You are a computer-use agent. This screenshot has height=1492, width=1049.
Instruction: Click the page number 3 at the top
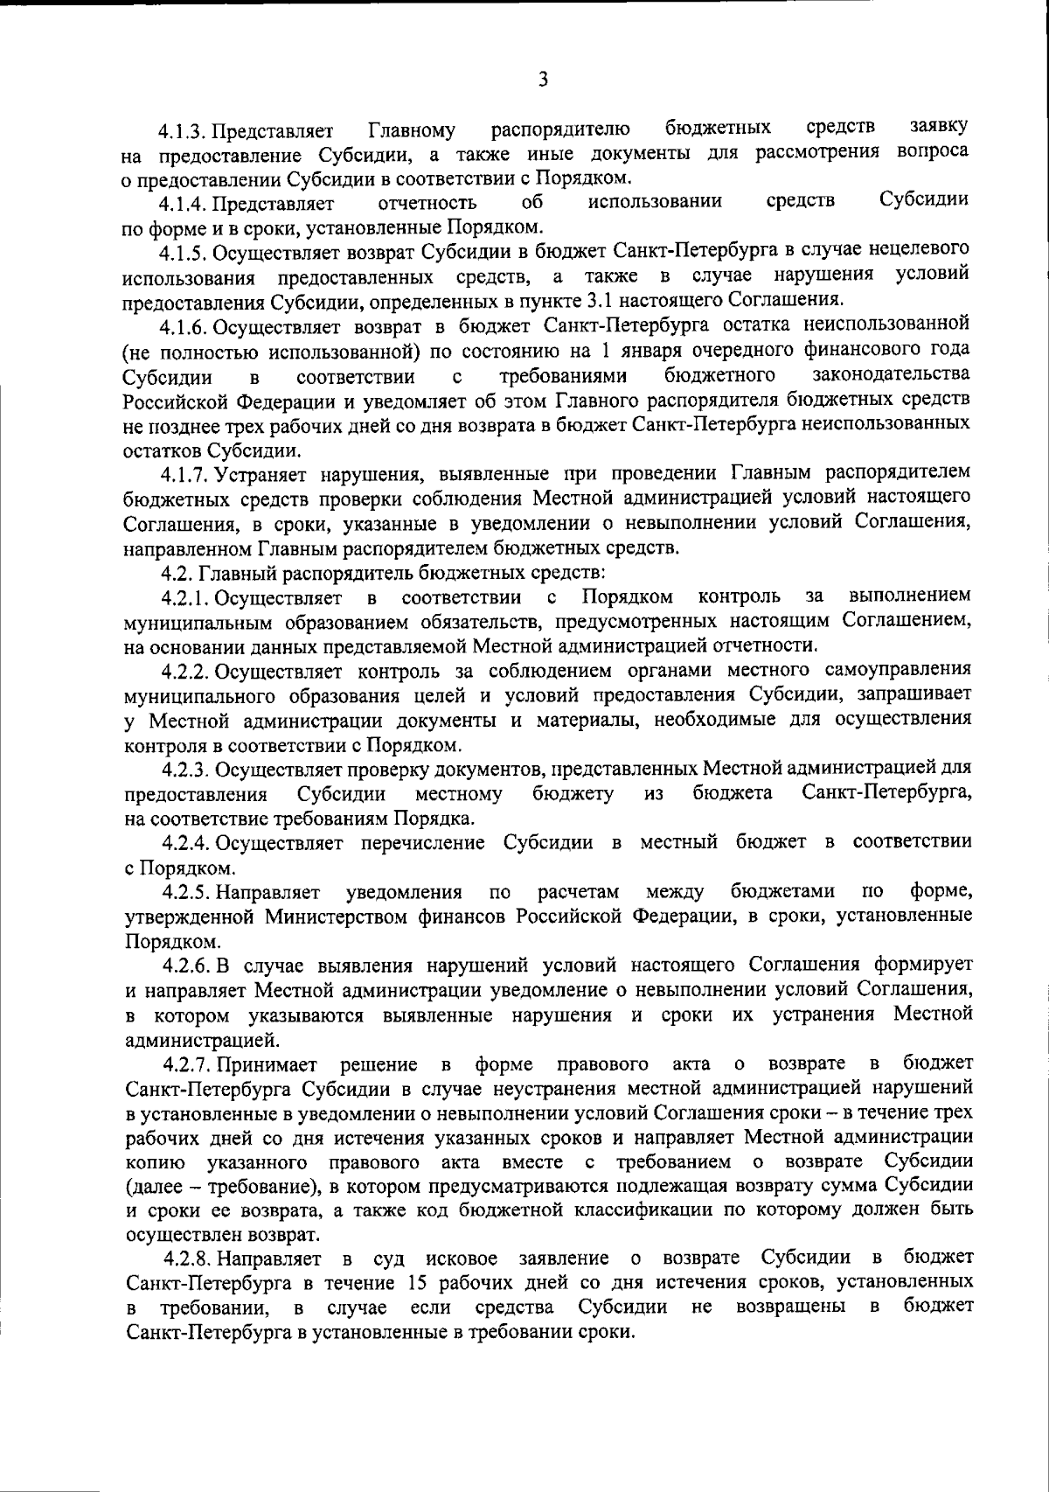pyautogui.click(x=543, y=80)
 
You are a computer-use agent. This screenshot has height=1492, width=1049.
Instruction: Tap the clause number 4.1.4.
pyautogui.click(x=182, y=206)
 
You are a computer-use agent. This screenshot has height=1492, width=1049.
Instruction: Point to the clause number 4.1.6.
pyautogui.click(x=182, y=327)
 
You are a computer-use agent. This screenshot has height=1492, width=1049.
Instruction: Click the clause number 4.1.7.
pyautogui.click(x=182, y=474)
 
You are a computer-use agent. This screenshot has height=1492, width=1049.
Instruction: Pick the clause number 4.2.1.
pyautogui.click(x=184, y=598)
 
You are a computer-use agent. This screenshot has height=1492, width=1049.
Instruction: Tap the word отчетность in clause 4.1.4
pyautogui.click(x=427, y=205)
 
